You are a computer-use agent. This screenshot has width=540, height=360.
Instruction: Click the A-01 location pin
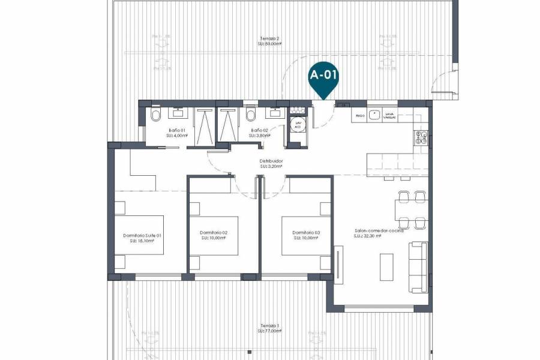coord(323,77)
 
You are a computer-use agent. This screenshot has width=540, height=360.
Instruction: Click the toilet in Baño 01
coord(155,115)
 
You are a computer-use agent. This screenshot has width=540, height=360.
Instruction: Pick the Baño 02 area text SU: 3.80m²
coord(259,136)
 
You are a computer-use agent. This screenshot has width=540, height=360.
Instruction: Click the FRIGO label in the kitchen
coord(360,115)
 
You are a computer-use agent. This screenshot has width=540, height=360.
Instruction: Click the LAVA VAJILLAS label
coord(389,115)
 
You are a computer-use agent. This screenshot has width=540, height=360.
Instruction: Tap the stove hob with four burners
coord(420,138)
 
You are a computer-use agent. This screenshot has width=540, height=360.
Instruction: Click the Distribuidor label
coord(271,161)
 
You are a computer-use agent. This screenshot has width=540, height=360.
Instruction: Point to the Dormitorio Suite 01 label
coord(142,235)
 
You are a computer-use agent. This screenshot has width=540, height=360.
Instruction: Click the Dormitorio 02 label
coord(214,232)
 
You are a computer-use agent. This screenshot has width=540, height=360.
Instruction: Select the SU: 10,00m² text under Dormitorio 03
coord(306,238)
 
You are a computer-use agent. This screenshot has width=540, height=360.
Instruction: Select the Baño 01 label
coord(177,130)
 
